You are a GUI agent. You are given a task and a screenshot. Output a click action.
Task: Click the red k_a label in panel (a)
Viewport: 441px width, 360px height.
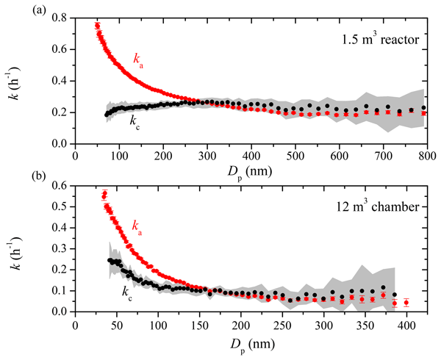coord(138,59)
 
